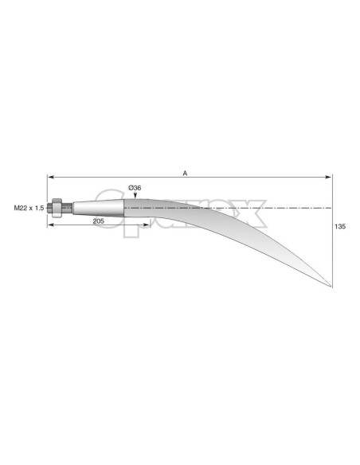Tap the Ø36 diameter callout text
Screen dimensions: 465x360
coord(135,188)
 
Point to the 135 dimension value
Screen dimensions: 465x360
coord(341,227)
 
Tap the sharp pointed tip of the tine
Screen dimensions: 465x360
coord(331,284)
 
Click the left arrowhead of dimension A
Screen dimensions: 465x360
coord(49,178)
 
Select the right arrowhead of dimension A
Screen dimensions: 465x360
coord(330,178)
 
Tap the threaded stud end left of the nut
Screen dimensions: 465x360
coord(49,209)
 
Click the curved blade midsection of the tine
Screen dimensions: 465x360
coord(239,231)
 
